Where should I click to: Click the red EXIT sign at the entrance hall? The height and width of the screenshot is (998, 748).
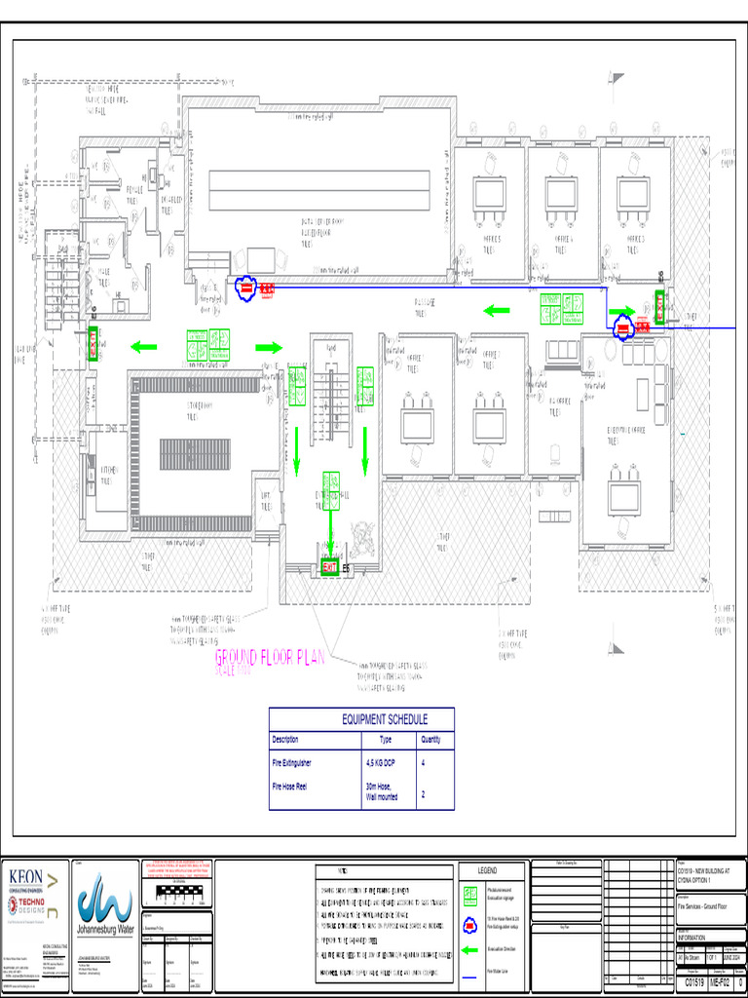pyautogui.click(x=330, y=567)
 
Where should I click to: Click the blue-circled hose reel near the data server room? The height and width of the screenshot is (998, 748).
pyautogui.click(x=246, y=288)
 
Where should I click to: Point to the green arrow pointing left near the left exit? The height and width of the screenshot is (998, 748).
pyautogui.click(x=144, y=346)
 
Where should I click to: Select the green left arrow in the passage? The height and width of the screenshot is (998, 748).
pyautogui.click(x=497, y=311)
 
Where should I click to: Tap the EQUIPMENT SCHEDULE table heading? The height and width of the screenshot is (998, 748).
pyautogui.click(x=384, y=719)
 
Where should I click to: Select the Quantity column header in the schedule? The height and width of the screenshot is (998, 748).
pyautogui.click(x=430, y=739)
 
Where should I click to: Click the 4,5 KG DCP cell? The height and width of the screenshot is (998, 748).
pyautogui.click(x=380, y=763)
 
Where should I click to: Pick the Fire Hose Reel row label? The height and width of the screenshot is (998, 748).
pyautogui.click(x=289, y=785)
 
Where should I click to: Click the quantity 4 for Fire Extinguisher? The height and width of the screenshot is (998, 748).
pyautogui.click(x=423, y=763)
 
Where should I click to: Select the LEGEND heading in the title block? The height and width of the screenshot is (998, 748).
pyautogui.click(x=487, y=870)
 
